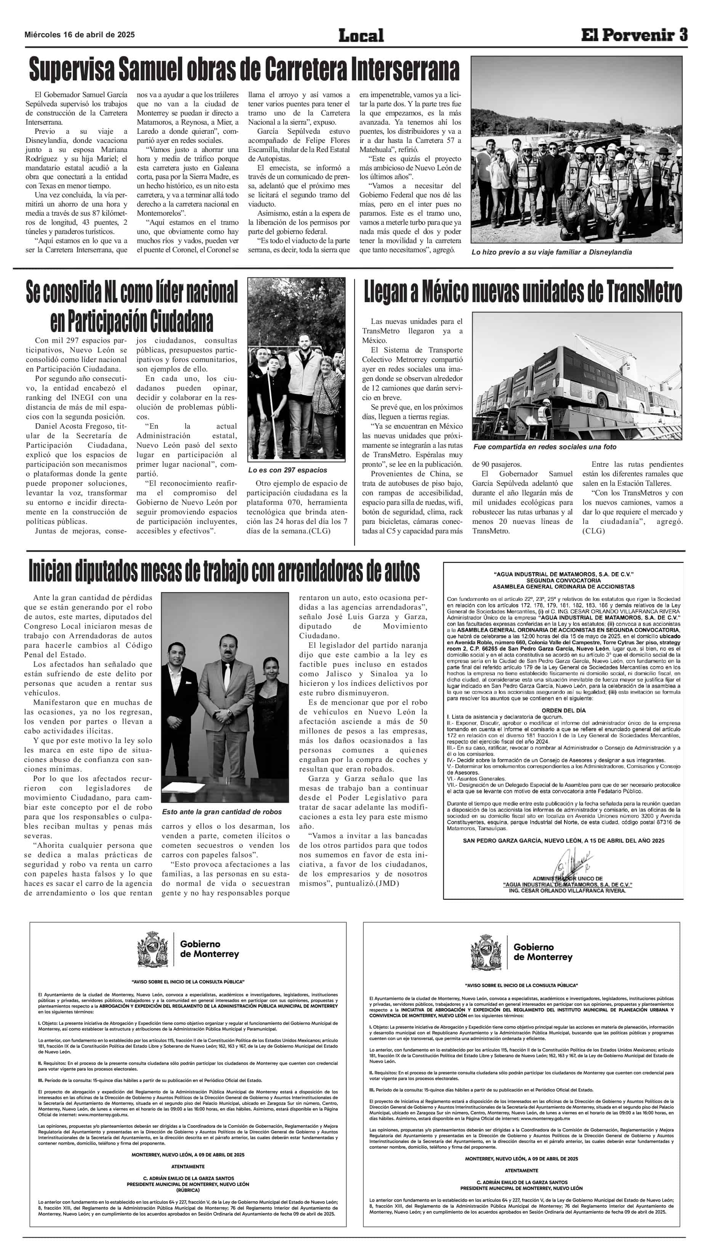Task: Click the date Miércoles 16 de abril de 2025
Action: pos(79,35)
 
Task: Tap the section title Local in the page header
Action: pos(361,35)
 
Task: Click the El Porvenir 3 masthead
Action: pos(634,35)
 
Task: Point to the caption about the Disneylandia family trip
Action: pos(552,252)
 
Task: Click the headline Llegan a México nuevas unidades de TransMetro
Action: pos(523,293)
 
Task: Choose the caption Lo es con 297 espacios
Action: pos(288,470)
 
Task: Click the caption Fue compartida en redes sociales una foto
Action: pos(545,447)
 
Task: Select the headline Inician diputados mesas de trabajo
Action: pos(224,571)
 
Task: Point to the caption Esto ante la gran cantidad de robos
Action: pos(221,812)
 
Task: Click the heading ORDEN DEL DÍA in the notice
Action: pos(563,710)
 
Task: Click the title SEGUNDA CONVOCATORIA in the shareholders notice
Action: pos(563,580)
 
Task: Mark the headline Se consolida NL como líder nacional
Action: pos(132,307)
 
